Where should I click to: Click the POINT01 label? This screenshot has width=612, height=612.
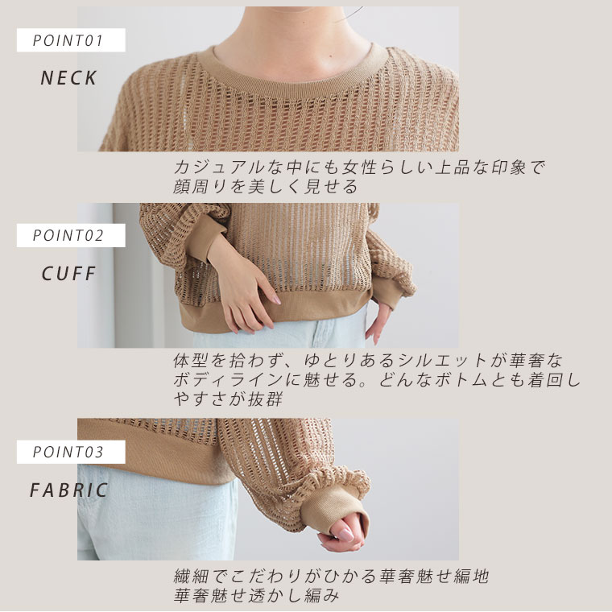pos(68,40)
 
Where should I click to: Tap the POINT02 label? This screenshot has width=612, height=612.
pos(68,235)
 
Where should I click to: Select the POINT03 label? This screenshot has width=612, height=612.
pos(68,452)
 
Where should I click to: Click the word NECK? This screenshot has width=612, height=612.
pos(68,77)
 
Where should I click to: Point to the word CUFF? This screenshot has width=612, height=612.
pos(68,273)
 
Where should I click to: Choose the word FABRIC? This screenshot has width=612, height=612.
pos(68,490)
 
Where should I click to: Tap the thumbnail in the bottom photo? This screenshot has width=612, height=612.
pos(345,534)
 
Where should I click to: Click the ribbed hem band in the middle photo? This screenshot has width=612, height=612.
pos(273,308)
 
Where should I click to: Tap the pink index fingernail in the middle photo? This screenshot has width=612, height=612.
pos(277,300)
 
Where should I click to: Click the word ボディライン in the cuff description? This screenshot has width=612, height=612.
pos(228,379)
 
